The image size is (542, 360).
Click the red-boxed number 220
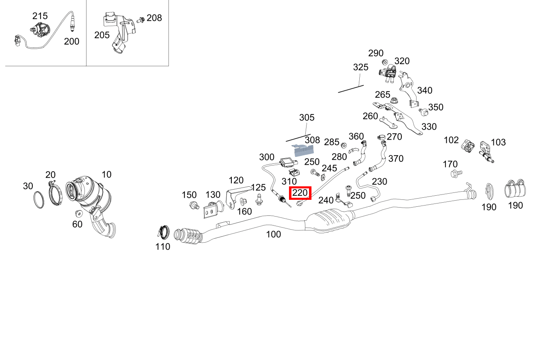pos(300,193)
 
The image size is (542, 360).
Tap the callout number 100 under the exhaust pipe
pos(273,234)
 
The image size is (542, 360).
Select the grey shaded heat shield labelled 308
pos(303,150)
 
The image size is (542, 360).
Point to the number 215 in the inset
pos(40,16)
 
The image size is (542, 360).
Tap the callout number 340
pos(425,90)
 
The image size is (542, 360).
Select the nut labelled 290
pos(385,62)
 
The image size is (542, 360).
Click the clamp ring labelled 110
pos(163,232)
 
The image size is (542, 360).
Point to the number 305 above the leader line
pos(307,117)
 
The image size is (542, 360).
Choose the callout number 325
pos(361,67)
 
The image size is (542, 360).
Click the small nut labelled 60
pos(78,213)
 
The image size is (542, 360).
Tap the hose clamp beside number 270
pos(381,137)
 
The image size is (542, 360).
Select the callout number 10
pos(106,174)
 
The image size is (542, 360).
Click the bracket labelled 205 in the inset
pos(119,31)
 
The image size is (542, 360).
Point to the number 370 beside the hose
pos(396,159)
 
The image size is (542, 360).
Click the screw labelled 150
pos(194,206)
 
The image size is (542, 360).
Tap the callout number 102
pos(451,140)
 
